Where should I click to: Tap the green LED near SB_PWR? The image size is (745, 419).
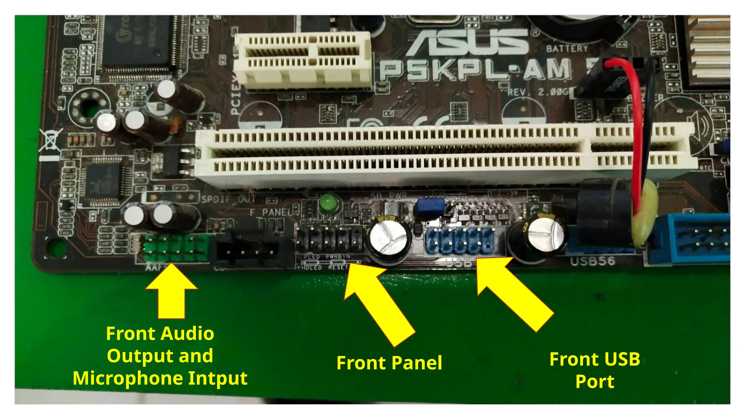[x=328, y=202]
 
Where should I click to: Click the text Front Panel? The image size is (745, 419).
[x=389, y=363]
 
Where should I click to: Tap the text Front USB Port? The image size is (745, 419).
[x=594, y=370]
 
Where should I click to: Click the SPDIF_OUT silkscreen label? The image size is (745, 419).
[x=228, y=199]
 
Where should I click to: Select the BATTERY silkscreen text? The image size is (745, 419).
[x=566, y=49]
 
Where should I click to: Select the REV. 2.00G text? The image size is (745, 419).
[x=538, y=92]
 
